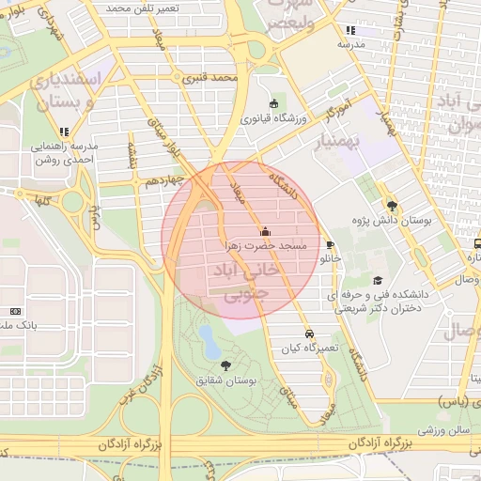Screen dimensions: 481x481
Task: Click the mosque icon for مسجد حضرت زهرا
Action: pos(265,232)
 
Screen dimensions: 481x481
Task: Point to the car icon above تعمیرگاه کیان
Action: pos(309,334)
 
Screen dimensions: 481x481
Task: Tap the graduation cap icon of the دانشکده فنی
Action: pos(378,280)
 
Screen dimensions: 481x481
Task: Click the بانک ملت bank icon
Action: pos(15,311)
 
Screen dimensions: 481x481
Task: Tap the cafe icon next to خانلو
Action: pos(331,244)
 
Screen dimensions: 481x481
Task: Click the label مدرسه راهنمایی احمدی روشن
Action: pos(64,152)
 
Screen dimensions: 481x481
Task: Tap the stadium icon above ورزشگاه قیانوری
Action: pos(273,103)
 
